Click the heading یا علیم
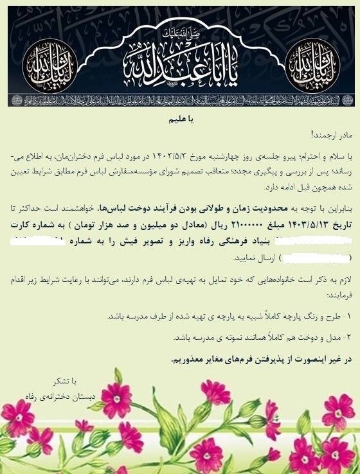click(x=180, y=119)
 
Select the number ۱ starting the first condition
click(x=349, y=317)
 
